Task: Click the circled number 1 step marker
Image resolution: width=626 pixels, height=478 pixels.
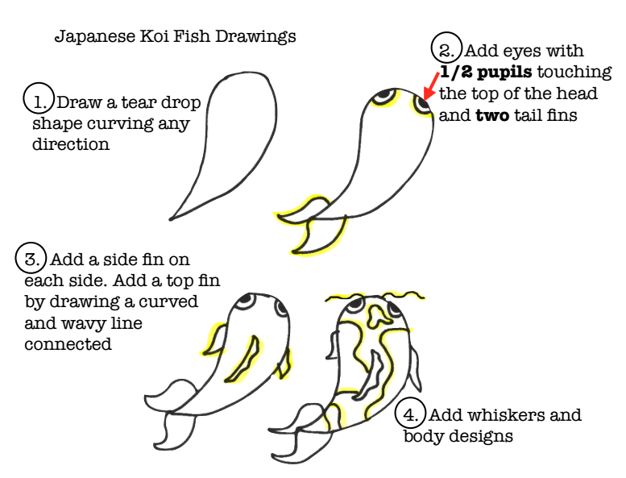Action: (x=37, y=102)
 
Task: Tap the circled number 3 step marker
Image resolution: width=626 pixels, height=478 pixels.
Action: (x=31, y=260)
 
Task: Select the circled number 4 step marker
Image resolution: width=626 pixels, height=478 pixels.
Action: (x=412, y=415)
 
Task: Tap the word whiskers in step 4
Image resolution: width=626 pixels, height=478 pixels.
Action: (x=493, y=416)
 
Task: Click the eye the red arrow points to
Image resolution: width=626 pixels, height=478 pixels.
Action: (x=421, y=105)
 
